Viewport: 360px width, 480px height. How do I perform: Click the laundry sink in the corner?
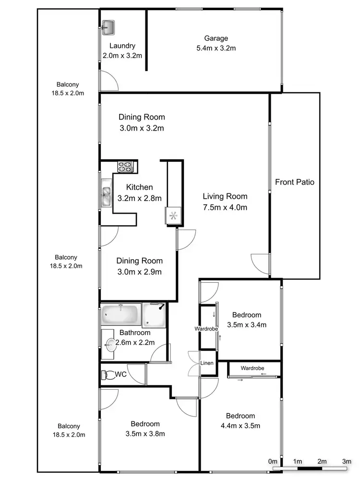(109, 27)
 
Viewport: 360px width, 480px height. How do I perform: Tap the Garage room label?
(216, 38)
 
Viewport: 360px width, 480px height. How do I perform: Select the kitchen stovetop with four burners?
(125, 168)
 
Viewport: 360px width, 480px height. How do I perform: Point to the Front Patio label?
(295, 182)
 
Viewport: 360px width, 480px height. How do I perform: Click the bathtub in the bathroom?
(120, 315)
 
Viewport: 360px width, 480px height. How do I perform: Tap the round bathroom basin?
(111, 344)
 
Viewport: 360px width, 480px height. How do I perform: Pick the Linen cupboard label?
(207, 363)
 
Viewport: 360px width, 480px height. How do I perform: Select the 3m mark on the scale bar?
(347, 461)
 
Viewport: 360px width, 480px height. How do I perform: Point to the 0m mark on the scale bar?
(273, 461)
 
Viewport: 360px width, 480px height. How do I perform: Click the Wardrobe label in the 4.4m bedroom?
(252, 368)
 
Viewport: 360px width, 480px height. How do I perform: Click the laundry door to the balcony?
(108, 81)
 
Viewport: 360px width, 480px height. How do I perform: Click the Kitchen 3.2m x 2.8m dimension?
(139, 198)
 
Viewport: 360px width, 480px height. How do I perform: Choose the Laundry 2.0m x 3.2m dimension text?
(122, 55)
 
